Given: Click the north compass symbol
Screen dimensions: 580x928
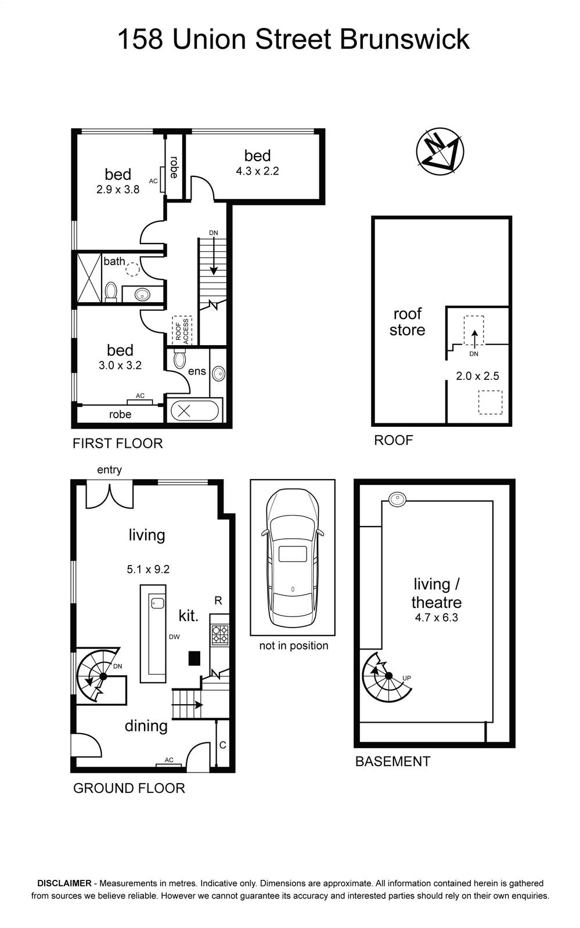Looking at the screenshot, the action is tap(439, 151).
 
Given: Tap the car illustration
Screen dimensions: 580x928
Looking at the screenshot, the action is tap(293, 557).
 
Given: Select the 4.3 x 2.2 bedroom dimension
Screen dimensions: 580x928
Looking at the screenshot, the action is tap(257, 171).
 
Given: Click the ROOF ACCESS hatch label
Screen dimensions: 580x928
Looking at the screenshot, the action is tap(182, 330).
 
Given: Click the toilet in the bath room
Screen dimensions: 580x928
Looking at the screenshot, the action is tap(111, 291).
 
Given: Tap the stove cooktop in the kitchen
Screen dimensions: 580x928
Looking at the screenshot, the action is tap(219, 635).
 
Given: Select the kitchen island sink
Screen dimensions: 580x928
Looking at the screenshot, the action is tap(157, 603).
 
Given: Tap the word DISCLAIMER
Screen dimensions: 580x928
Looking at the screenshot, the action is tap(64, 883).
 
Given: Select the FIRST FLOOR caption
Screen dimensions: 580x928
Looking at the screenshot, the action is tap(118, 444).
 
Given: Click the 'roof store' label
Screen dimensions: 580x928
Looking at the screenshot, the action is tap(407, 322).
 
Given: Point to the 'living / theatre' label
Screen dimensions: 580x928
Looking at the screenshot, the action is tap(436, 593).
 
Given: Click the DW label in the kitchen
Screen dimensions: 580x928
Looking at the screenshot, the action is tap(174, 637).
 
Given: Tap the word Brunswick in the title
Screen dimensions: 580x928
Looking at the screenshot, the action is tap(405, 40).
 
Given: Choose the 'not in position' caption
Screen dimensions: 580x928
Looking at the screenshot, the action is tap(294, 646).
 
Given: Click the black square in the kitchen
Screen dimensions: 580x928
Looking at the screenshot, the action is tap(194, 658).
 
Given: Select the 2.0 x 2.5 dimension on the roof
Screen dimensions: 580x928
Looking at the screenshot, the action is tap(478, 376).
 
